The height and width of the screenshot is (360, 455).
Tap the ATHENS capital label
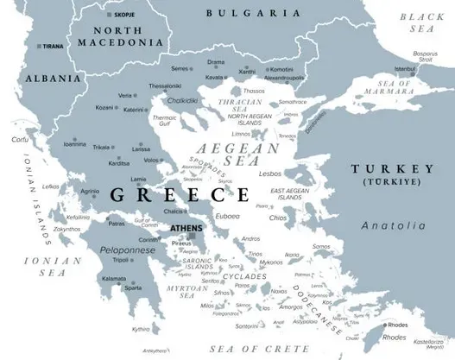click(x=186, y=229)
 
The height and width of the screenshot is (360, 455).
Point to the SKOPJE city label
click(x=123, y=16)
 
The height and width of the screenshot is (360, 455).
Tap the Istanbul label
click(x=405, y=68)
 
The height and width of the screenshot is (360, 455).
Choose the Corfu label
click(x=19, y=138)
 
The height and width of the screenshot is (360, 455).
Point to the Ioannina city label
click(x=74, y=144)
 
